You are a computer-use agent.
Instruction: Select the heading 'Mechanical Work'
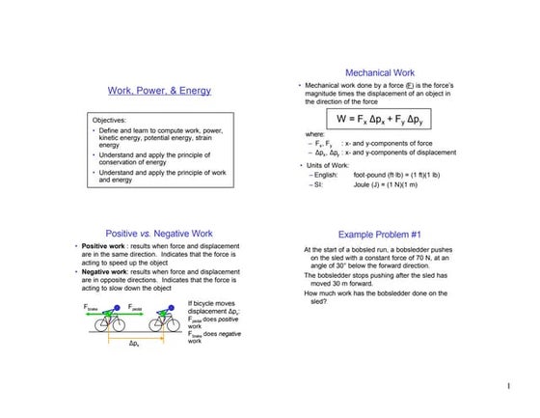(x=380, y=72)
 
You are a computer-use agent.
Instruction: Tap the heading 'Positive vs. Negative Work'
(x=159, y=233)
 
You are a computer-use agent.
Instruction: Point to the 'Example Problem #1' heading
(x=380, y=234)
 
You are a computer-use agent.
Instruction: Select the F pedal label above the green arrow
(x=136, y=308)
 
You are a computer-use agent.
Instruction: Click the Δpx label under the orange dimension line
(x=133, y=345)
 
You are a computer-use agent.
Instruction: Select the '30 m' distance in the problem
(x=337, y=284)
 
